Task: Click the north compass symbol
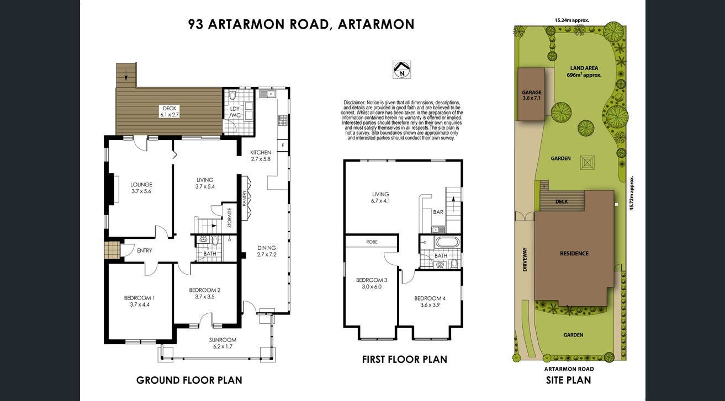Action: (x=402, y=69)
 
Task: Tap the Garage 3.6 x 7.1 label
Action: (x=531, y=95)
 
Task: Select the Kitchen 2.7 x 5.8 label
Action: (x=261, y=156)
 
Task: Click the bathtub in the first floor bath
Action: (x=447, y=242)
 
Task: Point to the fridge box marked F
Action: (x=283, y=146)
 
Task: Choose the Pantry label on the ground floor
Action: (x=245, y=198)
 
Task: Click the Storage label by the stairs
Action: (x=230, y=218)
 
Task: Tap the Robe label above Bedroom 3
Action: (x=372, y=242)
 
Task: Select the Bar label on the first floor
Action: (x=438, y=212)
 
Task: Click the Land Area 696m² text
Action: (x=584, y=72)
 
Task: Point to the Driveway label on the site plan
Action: (x=525, y=259)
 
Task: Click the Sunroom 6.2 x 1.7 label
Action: (x=223, y=343)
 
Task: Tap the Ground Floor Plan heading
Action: (x=189, y=380)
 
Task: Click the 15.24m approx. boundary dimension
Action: (x=572, y=20)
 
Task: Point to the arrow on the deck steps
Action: (x=126, y=77)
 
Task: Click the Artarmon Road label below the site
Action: (x=569, y=369)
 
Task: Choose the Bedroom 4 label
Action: (x=430, y=301)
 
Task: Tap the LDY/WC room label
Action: (x=235, y=112)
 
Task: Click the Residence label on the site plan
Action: (x=574, y=254)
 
